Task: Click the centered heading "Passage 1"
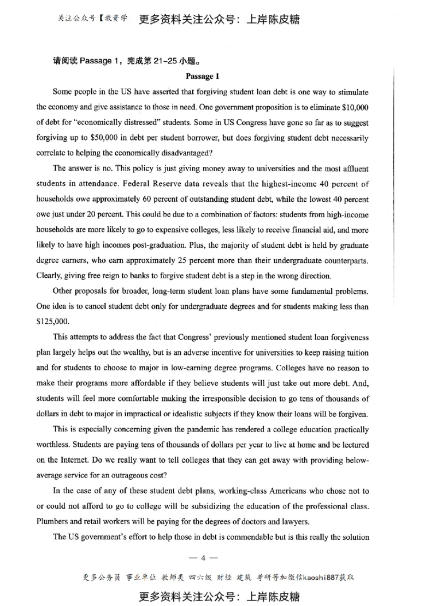[202, 76]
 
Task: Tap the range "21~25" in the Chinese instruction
[157, 61]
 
